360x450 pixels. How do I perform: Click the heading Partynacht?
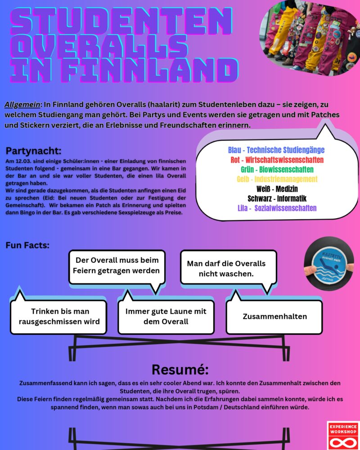click(34, 151)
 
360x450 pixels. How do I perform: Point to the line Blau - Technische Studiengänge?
click(276, 150)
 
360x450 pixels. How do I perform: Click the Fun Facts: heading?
click(27, 245)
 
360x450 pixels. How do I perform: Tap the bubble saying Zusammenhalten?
click(274, 316)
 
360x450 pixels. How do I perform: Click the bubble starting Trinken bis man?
click(59, 316)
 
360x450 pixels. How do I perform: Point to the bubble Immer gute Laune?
click(166, 316)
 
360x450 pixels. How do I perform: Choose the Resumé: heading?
click(180, 369)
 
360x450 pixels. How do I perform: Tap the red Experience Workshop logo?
click(343, 435)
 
